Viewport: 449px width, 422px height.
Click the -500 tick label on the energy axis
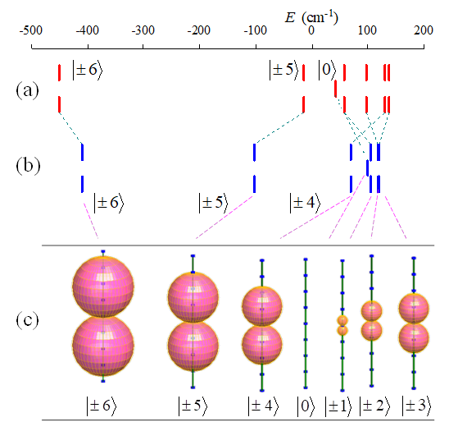[31, 30]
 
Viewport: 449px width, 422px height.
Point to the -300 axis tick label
[143, 30]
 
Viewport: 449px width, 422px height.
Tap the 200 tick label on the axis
[424, 30]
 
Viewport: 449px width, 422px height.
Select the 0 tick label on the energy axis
[311, 30]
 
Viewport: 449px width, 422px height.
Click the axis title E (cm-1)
[311, 17]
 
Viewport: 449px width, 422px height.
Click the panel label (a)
[28, 90]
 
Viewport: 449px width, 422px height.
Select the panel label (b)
[28, 166]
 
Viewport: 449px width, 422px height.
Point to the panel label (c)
[28, 320]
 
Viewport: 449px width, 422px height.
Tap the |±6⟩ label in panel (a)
[88, 70]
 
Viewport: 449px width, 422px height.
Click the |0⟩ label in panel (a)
[327, 70]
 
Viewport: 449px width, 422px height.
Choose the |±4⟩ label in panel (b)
[306, 203]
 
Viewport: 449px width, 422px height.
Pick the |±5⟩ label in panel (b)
[214, 203]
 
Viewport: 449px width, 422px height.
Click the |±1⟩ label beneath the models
[338, 406]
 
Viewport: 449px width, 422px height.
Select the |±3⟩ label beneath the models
[417, 406]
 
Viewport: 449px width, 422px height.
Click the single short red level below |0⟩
[335, 89]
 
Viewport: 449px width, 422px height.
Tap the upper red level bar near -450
[59, 73]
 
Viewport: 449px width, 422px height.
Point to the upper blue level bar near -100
[254, 153]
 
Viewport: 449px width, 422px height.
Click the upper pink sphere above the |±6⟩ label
[103, 287]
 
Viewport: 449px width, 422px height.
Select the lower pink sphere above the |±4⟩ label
[262, 345]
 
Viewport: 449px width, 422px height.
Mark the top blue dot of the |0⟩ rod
[306, 259]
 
